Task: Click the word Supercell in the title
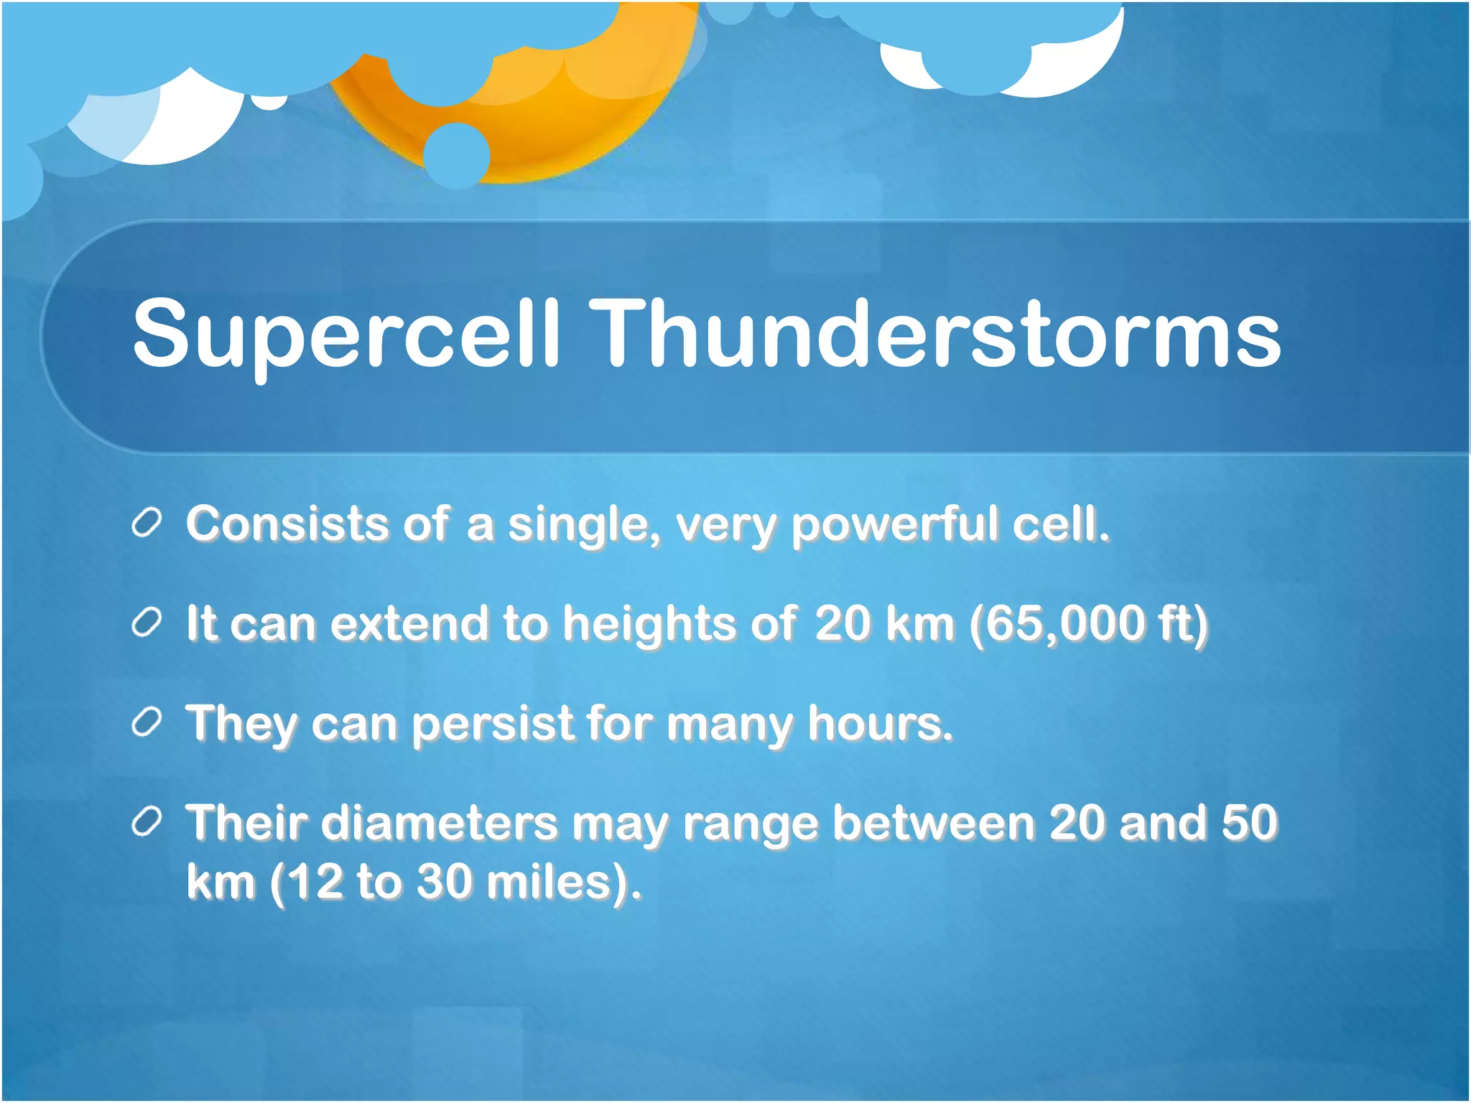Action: click(345, 334)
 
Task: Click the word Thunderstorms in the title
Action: click(937, 334)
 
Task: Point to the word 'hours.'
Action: click(881, 723)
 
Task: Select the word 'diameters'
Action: click(439, 823)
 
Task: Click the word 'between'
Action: click(933, 823)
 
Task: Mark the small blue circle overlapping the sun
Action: click(457, 155)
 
